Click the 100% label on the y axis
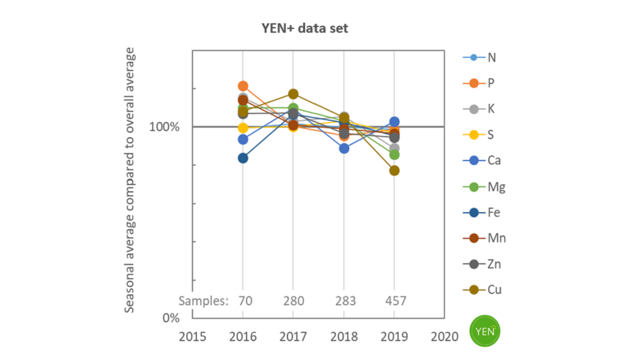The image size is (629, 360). pyautogui.click(x=165, y=127)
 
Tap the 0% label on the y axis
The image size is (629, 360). pyautogui.click(x=171, y=318)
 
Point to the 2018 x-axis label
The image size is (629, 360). pyautogui.click(x=343, y=336)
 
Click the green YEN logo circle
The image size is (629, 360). pyautogui.click(x=485, y=330)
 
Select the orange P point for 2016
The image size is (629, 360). pyautogui.click(x=243, y=86)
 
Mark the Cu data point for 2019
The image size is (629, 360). pyautogui.click(x=394, y=171)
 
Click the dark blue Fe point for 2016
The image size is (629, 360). pyautogui.click(x=243, y=158)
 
